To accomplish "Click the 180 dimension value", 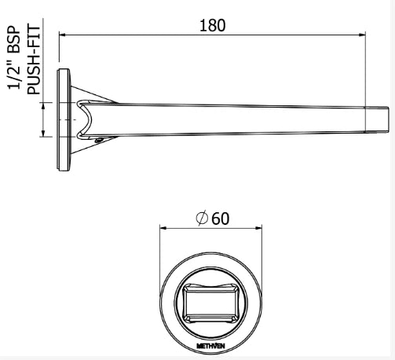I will pyautogui.click(x=212, y=24).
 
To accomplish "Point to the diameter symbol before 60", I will pyautogui.click(x=203, y=219).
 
